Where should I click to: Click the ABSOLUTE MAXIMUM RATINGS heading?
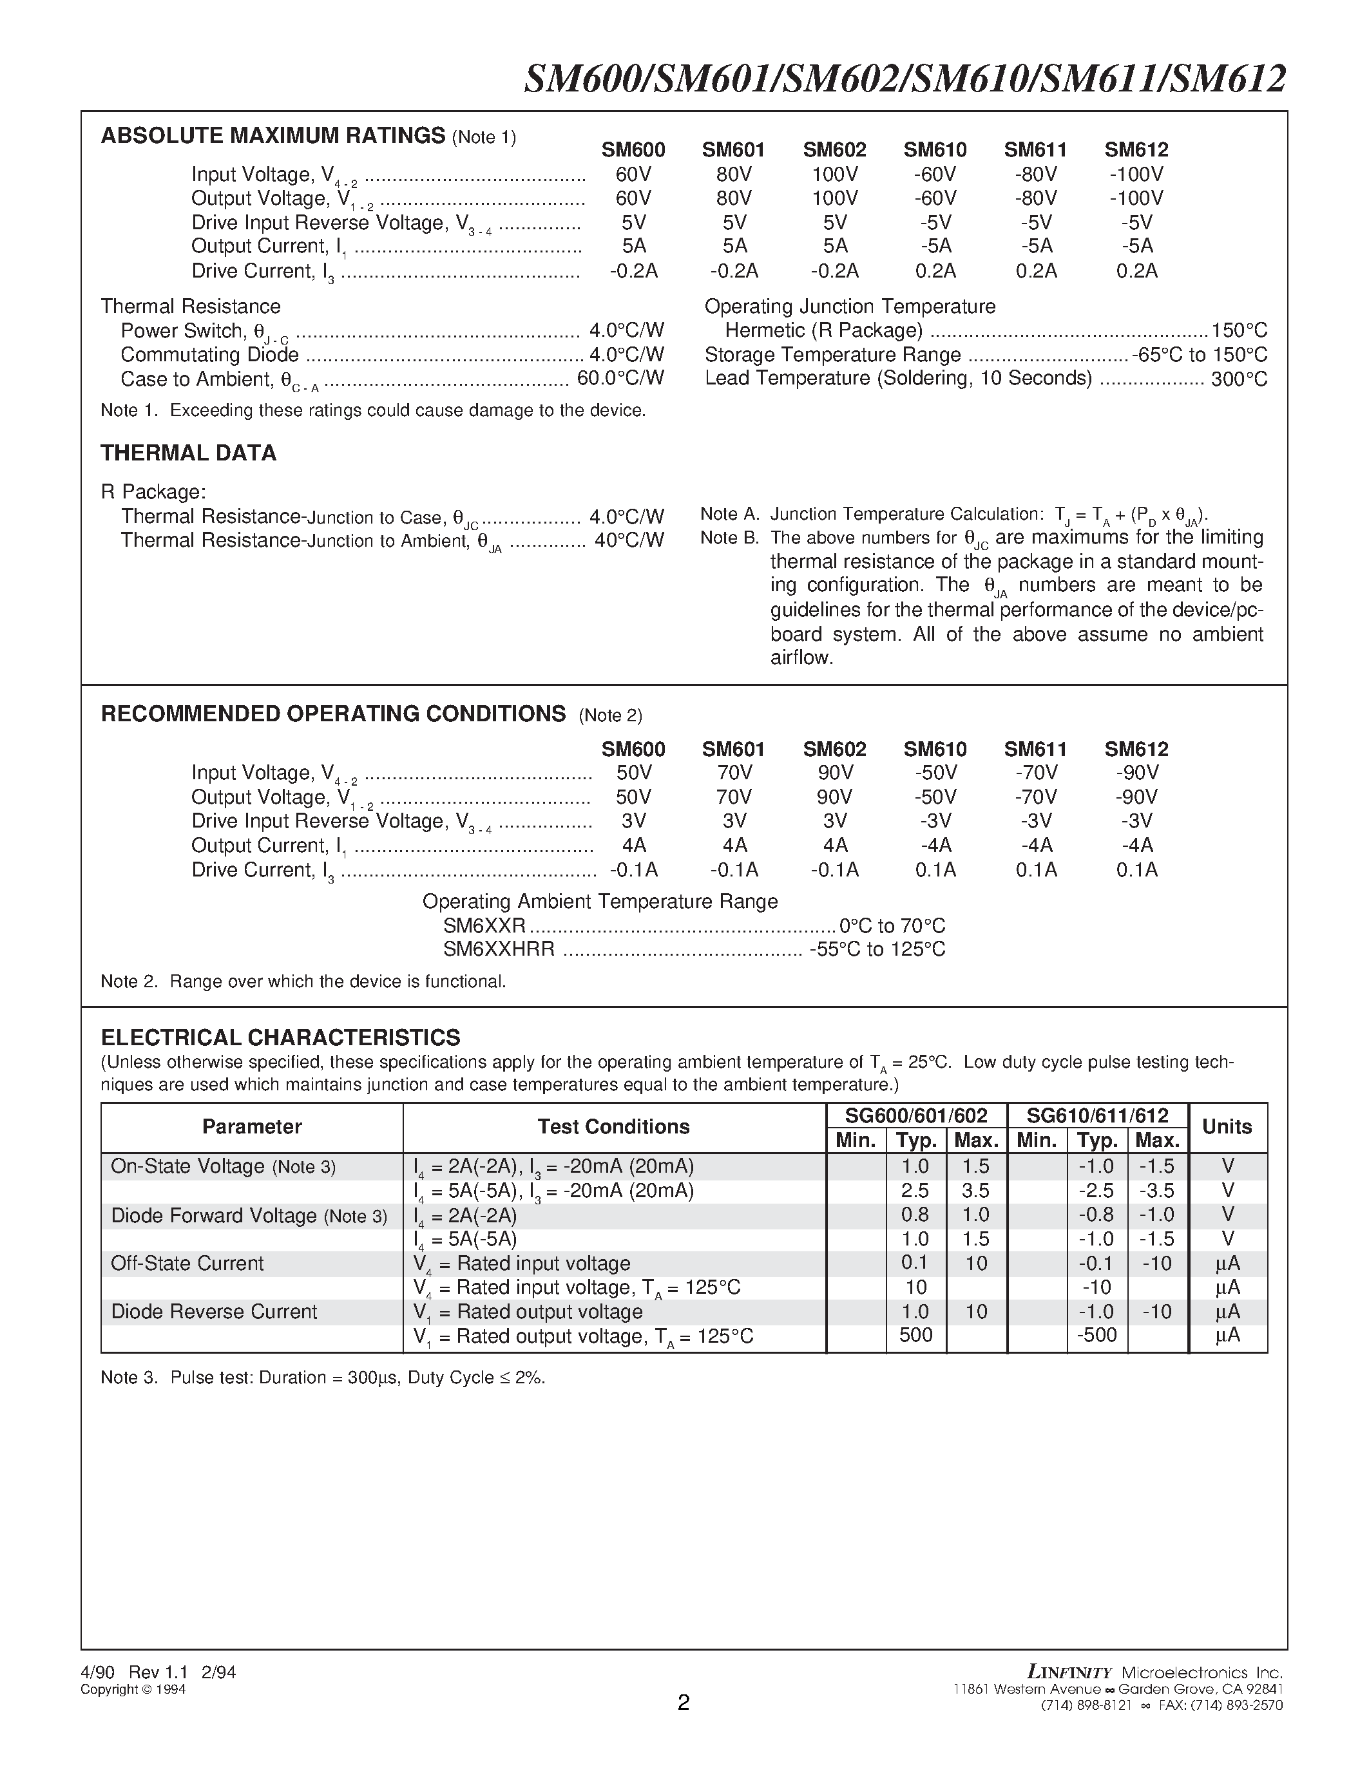pos(273,135)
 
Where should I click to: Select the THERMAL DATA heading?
pos(188,453)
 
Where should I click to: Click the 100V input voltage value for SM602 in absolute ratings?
pos(834,175)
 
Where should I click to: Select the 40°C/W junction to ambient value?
pos(629,540)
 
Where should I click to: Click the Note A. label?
pos(729,514)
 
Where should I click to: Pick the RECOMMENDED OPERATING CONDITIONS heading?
pos(332,714)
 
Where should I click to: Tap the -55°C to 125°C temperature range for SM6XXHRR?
pos(877,949)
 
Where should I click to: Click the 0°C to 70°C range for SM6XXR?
pos(892,925)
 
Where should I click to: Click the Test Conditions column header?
pos(613,1126)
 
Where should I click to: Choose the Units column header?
pos(1227,1126)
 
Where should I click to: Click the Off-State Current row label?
pos(187,1263)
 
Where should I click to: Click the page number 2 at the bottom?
pos(684,1702)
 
